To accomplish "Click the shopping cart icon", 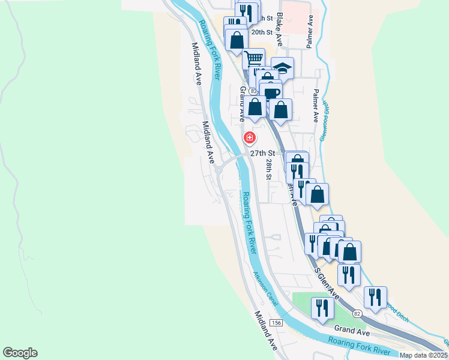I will (x=254, y=59).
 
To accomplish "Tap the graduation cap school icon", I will (x=283, y=68).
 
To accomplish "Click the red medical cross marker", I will (x=249, y=138).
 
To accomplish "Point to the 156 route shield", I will (x=276, y=323).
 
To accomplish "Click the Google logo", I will (x=20, y=353).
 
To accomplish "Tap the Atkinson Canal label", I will (x=265, y=286).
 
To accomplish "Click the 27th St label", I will (x=262, y=153).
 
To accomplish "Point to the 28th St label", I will (x=269, y=170).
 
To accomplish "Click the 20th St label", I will (x=263, y=32).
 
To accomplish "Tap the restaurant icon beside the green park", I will (x=322, y=308).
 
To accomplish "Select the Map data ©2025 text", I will (x=423, y=355).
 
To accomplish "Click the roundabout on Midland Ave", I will (x=218, y=170).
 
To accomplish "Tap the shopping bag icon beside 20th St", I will (x=237, y=40).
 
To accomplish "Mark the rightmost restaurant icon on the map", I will (x=375, y=297).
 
